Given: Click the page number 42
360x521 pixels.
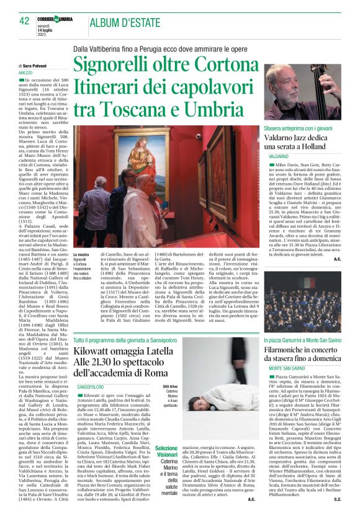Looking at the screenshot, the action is [25, 21].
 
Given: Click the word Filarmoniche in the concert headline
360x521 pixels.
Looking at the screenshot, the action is [293, 351].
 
